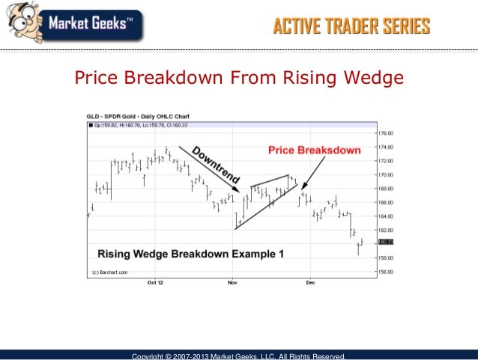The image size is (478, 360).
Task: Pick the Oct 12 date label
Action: [x=154, y=284]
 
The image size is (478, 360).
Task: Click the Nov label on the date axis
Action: [x=232, y=284]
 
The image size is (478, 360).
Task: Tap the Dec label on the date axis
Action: [x=309, y=284]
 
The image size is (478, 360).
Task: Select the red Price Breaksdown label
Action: [x=315, y=150]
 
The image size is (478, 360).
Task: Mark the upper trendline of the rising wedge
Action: [x=270, y=180]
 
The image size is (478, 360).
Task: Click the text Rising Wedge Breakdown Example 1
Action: [x=190, y=254]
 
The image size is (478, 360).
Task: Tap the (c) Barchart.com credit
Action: [x=109, y=272]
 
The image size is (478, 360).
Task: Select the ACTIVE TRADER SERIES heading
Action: [x=351, y=28]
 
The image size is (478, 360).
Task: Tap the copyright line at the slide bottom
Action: [x=238, y=356]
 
